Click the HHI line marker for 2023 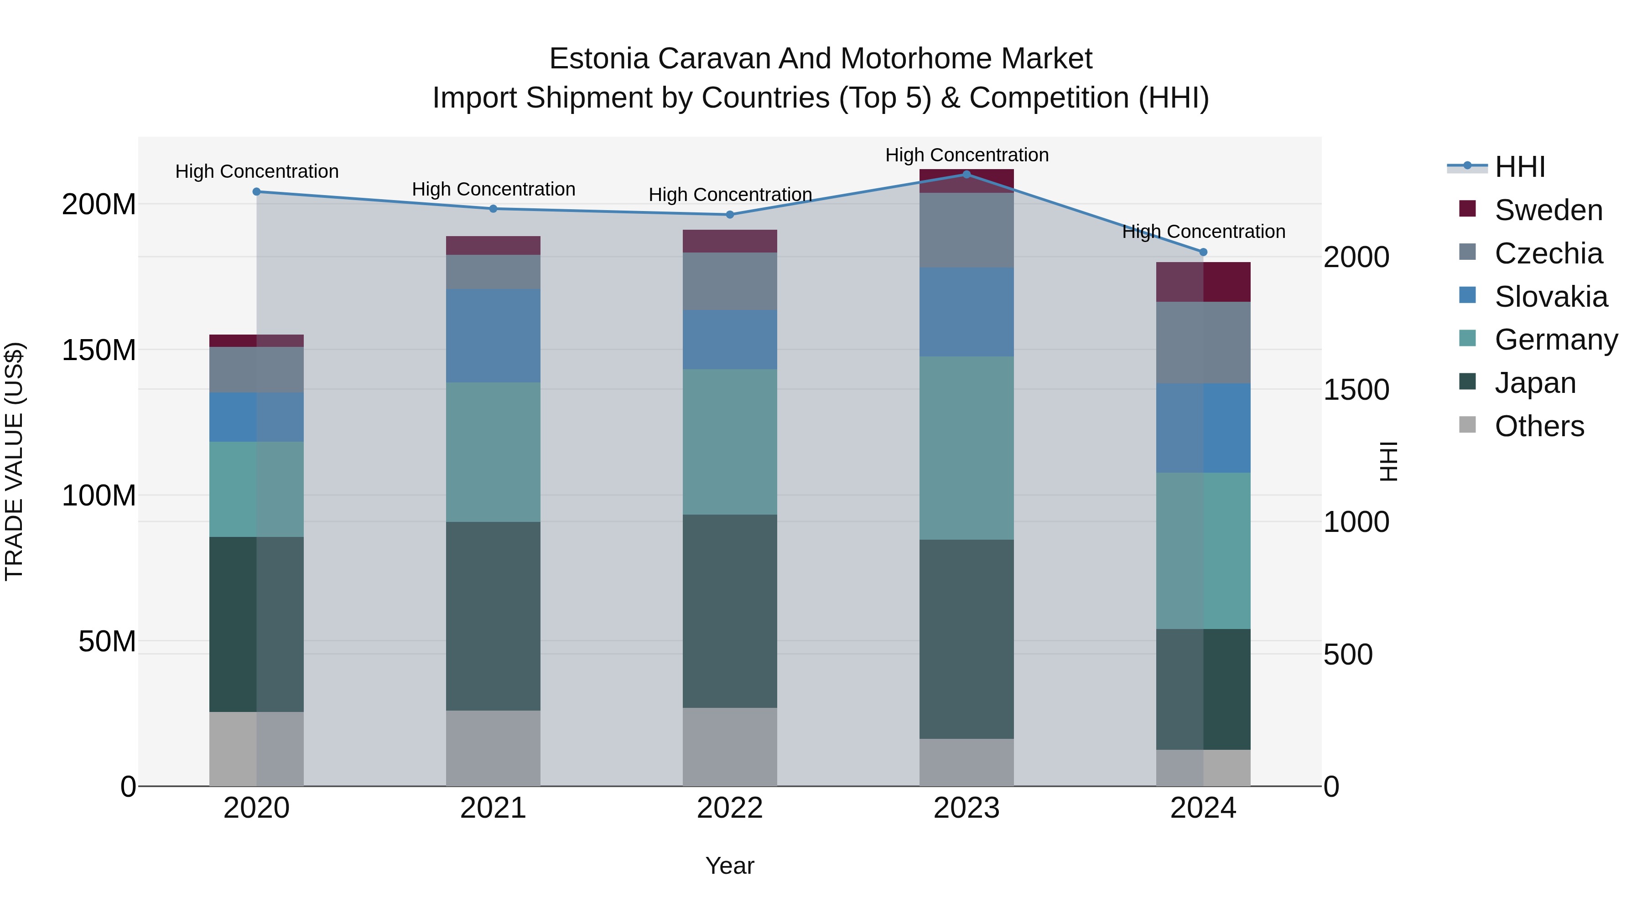click(966, 174)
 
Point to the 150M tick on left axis click(99, 350)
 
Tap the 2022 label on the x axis click(730, 808)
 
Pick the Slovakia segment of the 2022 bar click(730, 340)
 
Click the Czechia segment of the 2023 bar click(966, 230)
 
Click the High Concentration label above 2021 click(494, 189)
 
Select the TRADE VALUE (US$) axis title click(14, 461)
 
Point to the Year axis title click(730, 866)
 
